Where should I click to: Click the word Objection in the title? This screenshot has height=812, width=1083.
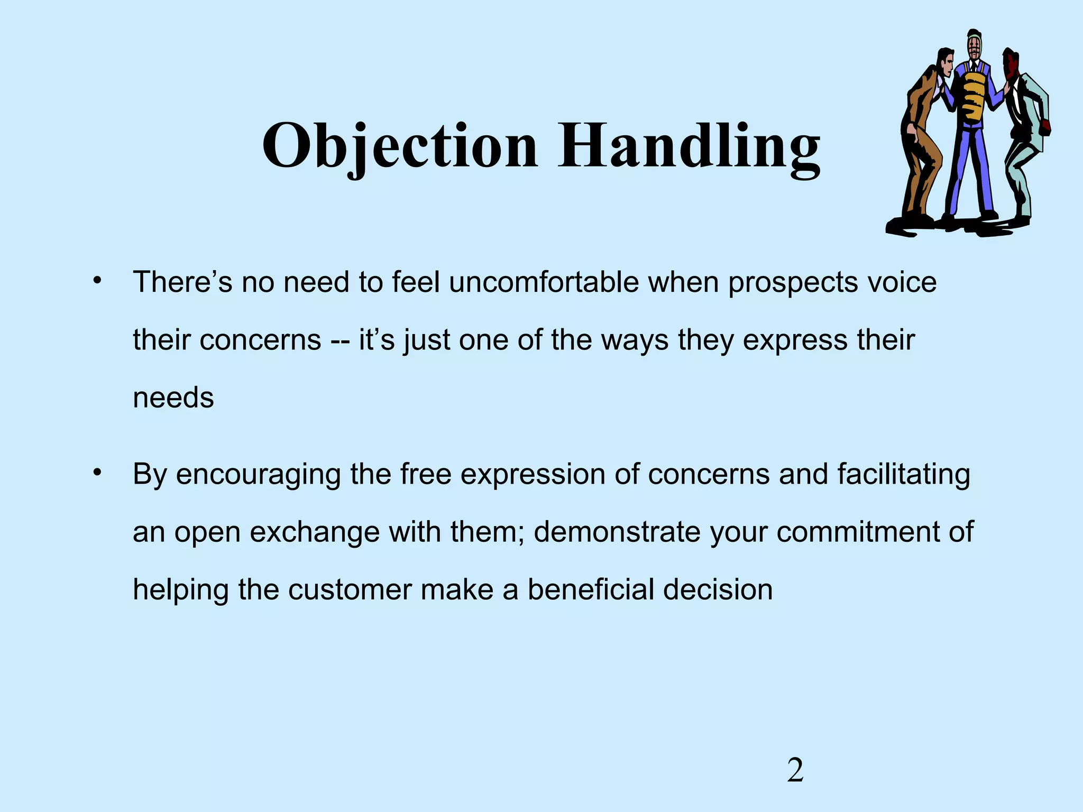click(399, 145)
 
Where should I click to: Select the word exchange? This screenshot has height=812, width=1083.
click(314, 532)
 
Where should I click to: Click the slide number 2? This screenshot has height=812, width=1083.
click(795, 771)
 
